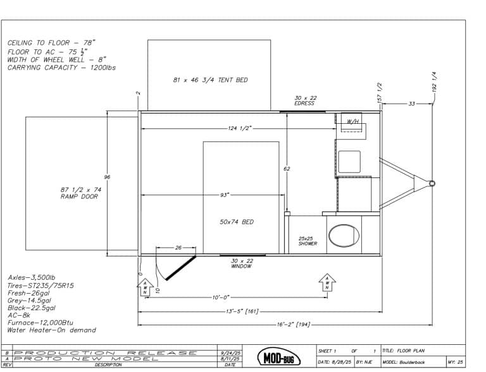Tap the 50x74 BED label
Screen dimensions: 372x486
237,222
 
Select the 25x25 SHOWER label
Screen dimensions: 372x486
308,241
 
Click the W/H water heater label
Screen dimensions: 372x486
353,121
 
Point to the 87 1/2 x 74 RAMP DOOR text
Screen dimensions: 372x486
81,193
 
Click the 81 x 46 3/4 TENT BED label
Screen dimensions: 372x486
210,80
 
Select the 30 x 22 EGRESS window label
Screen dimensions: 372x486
304,100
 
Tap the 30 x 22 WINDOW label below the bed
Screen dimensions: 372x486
241,263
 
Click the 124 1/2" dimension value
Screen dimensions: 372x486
240,128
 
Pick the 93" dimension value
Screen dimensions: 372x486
225,195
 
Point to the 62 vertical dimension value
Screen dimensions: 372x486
287,169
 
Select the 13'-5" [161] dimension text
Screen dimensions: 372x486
243,311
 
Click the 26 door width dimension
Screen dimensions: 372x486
178,248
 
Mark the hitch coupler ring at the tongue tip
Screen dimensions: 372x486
432,184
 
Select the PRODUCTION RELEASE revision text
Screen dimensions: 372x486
104,353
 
